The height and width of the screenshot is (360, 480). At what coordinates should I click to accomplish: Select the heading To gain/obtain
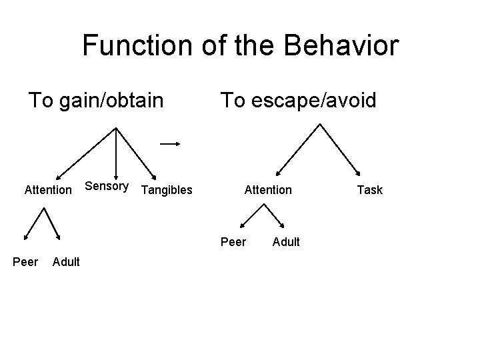point(95,101)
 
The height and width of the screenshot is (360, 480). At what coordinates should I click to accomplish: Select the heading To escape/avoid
point(298,101)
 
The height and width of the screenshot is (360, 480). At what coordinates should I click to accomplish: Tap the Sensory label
point(107,186)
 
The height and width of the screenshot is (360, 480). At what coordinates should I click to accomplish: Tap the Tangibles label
point(167,190)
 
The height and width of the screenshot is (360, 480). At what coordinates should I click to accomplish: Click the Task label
point(369,190)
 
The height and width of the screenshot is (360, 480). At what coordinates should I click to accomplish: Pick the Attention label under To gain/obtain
point(47,190)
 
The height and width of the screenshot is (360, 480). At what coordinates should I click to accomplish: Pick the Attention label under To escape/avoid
point(268,190)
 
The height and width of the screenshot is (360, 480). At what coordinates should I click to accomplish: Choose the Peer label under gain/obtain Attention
point(25,261)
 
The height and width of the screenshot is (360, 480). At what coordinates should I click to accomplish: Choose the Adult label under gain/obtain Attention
point(65,261)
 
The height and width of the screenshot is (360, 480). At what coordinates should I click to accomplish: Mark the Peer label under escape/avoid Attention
point(233,241)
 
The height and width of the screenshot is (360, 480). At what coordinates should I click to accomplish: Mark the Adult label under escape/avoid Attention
point(286,241)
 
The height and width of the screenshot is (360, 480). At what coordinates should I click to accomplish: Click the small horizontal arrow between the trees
point(171,143)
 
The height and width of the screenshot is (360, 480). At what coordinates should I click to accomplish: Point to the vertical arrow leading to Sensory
point(117,153)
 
